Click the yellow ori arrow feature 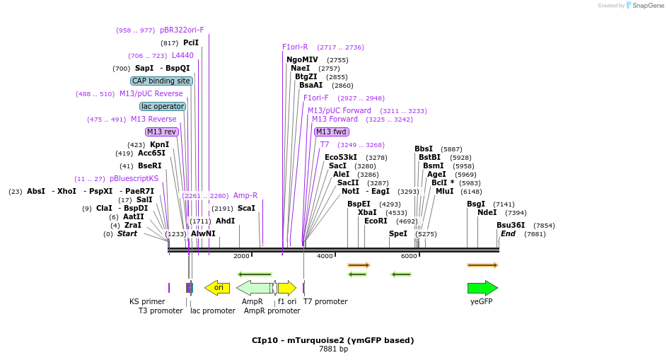coord(217,287)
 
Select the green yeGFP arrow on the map coord(482,288)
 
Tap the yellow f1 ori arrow coord(286,287)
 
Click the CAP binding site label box coord(161,81)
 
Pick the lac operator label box coord(163,106)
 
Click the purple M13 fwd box coord(331,132)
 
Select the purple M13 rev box coord(161,132)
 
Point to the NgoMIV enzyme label coord(302,59)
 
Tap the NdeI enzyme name coord(487,212)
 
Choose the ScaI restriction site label coord(246,208)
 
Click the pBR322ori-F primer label coord(182,30)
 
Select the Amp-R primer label coord(245,195)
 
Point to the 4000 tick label coord(325,255)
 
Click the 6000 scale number coord(409,255)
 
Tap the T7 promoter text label coord(325,301)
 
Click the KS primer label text coord(147,301)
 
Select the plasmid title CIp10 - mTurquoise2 coord(332,340)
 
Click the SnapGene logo coord(644,6)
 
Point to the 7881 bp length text coord(333,349)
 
